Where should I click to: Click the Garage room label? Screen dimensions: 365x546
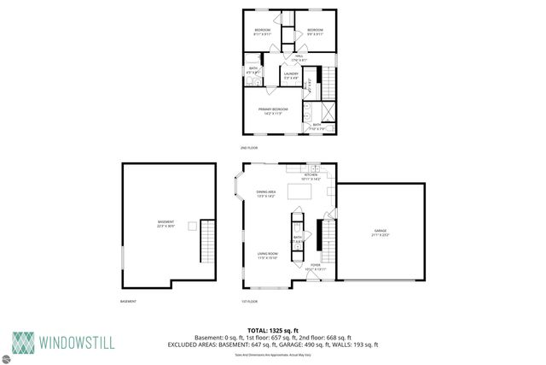pos(380,232)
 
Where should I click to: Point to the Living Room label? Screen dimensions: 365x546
pos(268,254)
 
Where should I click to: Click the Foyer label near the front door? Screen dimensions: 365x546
pos(316,266)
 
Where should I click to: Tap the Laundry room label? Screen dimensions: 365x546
pos(290,76)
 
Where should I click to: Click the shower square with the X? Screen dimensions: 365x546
pos(324,111)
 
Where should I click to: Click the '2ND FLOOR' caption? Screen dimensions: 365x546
pos(249,147)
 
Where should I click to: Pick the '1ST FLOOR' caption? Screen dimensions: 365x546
pos(249,302)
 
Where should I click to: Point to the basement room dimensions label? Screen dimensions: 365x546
pos(166,226)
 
